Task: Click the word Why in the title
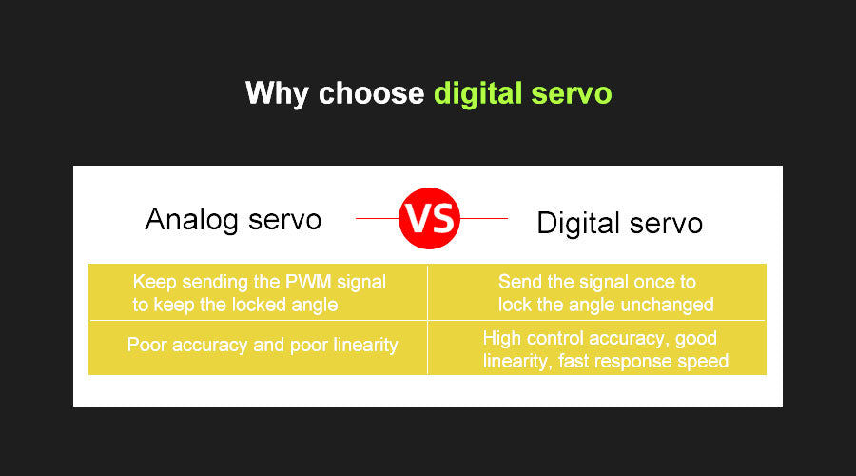[277, 94]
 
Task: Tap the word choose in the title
[371, 93]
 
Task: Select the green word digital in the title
[477, 94]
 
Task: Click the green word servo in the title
[572, 94]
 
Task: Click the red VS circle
[429, 219]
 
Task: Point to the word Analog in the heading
[191, 220]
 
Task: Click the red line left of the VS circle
[378, 219]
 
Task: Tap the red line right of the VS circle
[484, 219]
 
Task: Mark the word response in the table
[633, 362]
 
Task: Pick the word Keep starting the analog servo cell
[154, 283]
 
